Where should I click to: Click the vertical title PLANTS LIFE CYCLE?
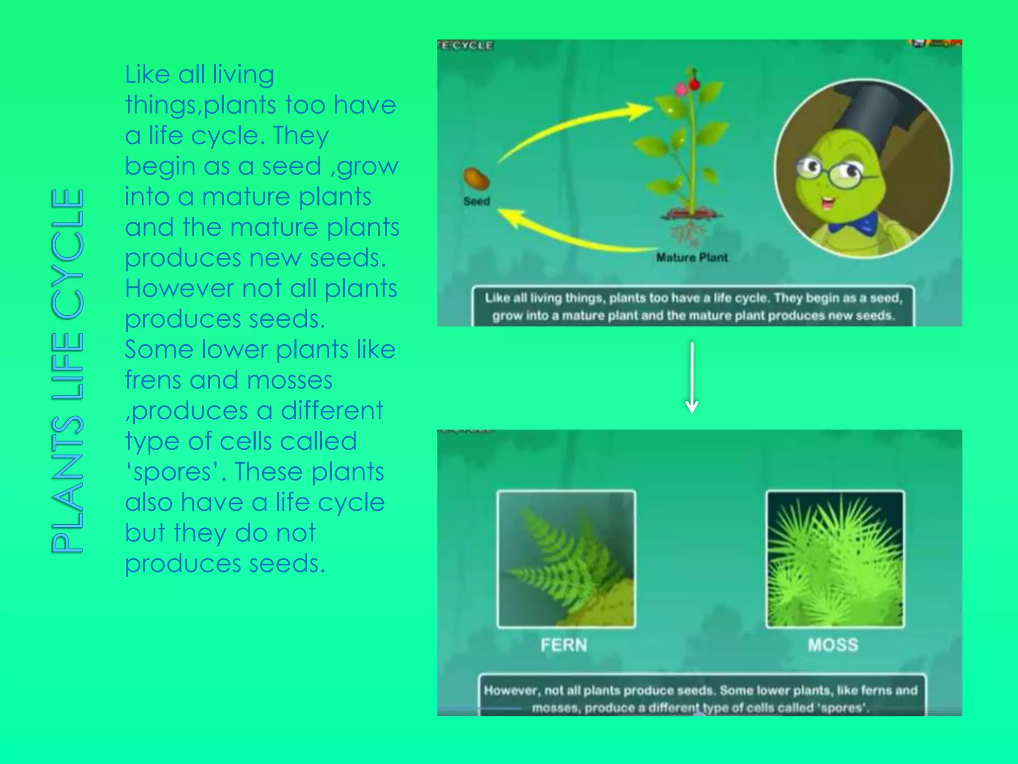tap(68, 371)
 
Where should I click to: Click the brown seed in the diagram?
tap(476, 179)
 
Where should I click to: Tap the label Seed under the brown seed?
tap(477, 201)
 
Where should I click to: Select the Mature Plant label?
tap(691, 258)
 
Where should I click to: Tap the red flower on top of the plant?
tap(694, 84)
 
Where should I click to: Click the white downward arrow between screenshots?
tap(692, 378)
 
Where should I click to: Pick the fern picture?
tap(567, 559)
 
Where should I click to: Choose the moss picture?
tap(835, 559)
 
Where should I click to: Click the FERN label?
tap(564, 645)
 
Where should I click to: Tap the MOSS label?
tap(833, 645)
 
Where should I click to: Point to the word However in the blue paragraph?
tap(179, 288)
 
